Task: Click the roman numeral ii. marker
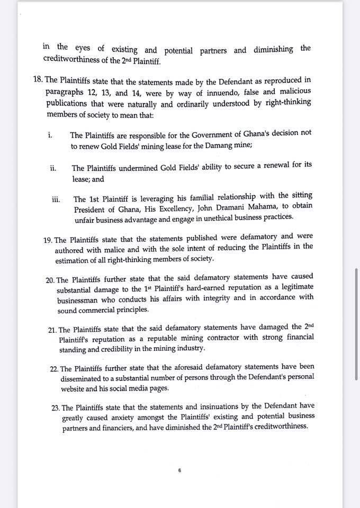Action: click(x=53, y=168)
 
